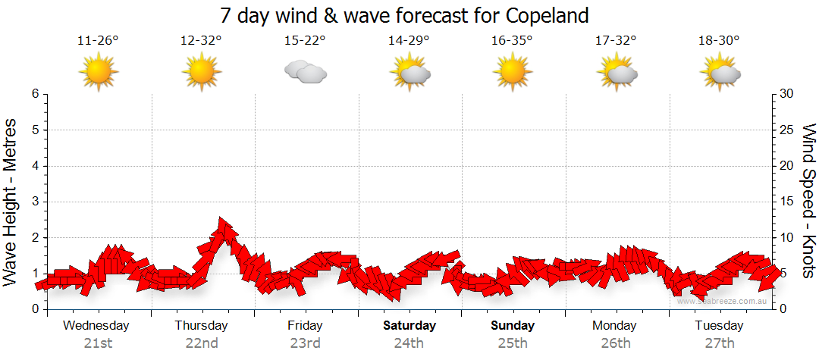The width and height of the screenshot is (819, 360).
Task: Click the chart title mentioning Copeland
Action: tap(403, 15)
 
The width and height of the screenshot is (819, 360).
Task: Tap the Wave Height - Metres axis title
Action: tap(11, 202)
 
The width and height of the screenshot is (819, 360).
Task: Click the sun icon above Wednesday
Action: tap(99, 73)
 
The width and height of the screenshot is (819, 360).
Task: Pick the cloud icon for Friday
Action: tap(305, 72)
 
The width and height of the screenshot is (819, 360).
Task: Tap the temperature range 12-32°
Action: tap(201, 41)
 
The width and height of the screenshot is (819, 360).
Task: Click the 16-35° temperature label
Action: tap(512, 41)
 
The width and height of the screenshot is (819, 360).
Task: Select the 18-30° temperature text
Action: tap(719, 41)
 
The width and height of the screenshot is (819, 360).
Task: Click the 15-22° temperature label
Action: tap(305, 41)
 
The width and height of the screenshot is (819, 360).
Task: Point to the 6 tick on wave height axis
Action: tap(35, 94)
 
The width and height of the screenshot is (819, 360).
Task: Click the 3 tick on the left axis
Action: tap(35, 202)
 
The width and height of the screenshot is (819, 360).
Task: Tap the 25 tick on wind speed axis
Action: tap(788, 130)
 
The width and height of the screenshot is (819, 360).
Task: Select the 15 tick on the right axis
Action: tap(788, 202)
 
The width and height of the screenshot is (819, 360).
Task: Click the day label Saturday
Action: tap(409, 326)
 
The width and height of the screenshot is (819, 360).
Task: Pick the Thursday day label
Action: tap(201, 326)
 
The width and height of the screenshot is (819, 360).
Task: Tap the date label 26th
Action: tap(615, 343)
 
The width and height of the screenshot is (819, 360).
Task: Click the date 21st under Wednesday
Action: tap(98, 343)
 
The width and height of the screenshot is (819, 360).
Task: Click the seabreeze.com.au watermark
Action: tap(723, 302)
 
